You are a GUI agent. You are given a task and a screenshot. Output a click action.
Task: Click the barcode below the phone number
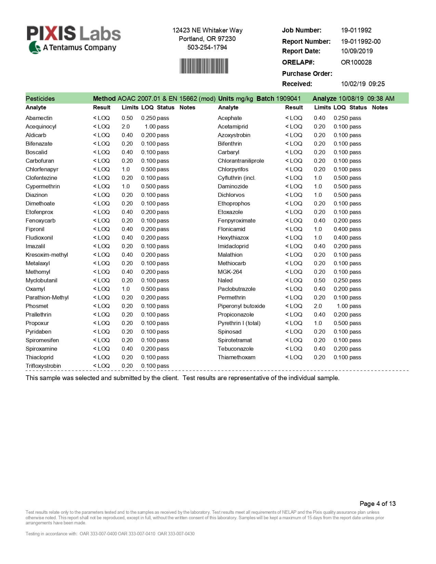(x=204, y=66)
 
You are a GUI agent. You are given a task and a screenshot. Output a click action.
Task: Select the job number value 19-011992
(x=356, y=30)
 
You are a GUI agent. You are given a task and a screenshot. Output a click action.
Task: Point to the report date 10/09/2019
(x=357, y=51)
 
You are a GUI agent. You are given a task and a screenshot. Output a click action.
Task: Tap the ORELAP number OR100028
(x=356, y=62)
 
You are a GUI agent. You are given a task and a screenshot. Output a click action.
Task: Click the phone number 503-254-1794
(x=207, y=47)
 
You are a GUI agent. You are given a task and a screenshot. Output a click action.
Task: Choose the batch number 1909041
(x=288, y=98)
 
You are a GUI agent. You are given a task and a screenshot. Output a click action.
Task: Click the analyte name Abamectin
(x=39, y=118)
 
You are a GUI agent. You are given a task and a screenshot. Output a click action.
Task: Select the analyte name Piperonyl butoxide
(x=241, y=306)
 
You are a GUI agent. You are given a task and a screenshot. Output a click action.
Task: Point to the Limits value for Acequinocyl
(x=125, y=126)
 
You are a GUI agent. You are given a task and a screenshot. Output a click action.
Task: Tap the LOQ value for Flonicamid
(x=341, y=229)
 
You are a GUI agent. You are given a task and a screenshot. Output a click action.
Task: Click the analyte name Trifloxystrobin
(x=43, y=366)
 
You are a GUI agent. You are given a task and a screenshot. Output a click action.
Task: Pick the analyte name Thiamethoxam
(x=236, y=357)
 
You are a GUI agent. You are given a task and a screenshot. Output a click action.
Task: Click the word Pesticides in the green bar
(x=40, y=98)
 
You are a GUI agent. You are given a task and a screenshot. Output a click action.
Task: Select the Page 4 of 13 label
(x=378, y=503)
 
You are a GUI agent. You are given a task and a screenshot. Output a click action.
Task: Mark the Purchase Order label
(x=307, y=73)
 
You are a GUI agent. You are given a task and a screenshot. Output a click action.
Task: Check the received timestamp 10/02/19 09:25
(x=362, y=84)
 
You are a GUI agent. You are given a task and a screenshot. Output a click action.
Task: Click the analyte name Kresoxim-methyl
(x=47, y=255)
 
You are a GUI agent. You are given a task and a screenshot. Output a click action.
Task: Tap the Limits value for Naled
(x=319, y=280)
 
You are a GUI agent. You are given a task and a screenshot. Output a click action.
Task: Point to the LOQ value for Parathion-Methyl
(x=148, y=297)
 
